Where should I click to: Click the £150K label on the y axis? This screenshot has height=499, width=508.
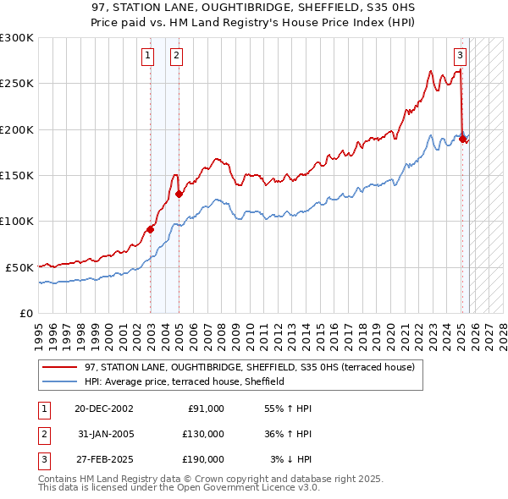coord(16,175)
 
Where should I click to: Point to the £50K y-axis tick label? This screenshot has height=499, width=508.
coord(19,267)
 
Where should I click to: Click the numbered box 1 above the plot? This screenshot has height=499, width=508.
coord(147,57)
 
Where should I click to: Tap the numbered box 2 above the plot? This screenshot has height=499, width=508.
coord(176,57)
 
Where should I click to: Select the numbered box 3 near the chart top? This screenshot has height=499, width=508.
coord(459,57)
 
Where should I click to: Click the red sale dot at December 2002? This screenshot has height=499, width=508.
coord(151,229)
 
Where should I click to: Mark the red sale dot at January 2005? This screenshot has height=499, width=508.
coord(179,194)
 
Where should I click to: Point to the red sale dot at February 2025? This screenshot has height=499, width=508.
coord(462,139)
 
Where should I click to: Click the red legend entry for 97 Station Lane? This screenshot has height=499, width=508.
coord(249,368)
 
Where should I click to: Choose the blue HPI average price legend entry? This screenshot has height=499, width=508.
coord(184,382)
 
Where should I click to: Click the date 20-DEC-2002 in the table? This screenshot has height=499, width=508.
coord(103,409)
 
